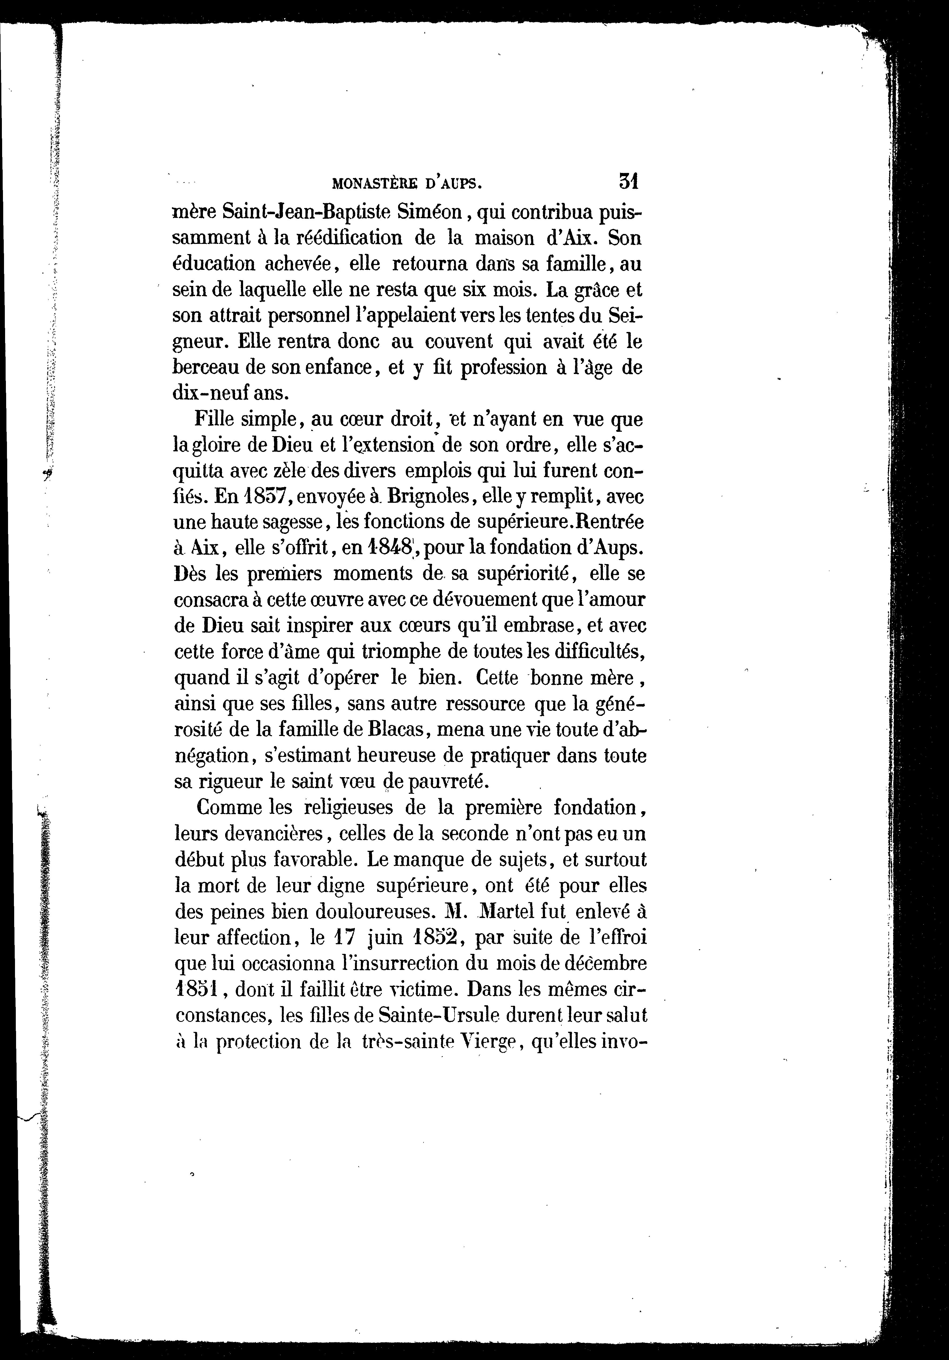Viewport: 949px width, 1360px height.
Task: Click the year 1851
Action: tap(194, 990)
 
